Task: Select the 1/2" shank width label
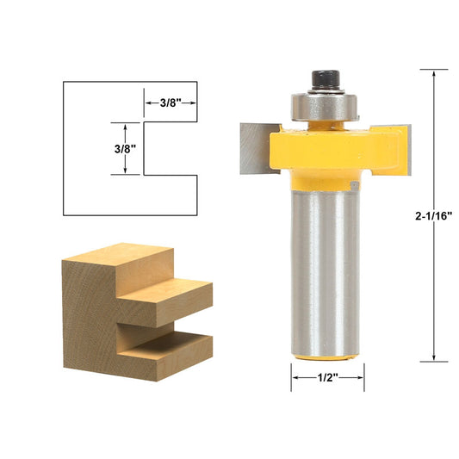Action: tap(327, 376)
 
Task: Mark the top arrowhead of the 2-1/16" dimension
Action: tap(433, 73)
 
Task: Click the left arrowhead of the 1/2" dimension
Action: tap(295, 376)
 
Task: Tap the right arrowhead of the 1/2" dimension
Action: tap(360, 376)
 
